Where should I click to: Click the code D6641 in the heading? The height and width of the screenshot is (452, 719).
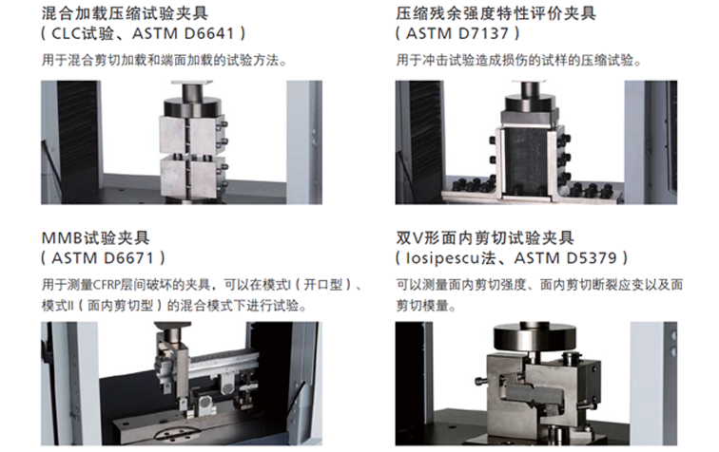209,33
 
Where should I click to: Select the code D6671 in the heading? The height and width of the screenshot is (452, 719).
128,258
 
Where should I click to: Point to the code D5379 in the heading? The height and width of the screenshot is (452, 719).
592,258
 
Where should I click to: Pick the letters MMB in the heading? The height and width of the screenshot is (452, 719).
62,238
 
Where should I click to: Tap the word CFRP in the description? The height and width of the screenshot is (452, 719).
107,285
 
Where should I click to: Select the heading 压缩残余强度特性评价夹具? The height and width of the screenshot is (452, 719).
496,13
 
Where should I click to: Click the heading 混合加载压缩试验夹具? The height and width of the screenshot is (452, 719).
125,13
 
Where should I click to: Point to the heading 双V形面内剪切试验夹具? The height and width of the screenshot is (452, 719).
485,238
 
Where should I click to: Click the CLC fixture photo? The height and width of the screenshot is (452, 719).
182,142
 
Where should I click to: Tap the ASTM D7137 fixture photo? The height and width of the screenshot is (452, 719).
536,142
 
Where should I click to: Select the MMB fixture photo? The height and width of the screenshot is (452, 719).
182,384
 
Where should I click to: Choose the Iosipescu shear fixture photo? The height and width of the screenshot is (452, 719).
536,384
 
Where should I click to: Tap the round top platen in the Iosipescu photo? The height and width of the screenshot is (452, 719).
534,337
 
